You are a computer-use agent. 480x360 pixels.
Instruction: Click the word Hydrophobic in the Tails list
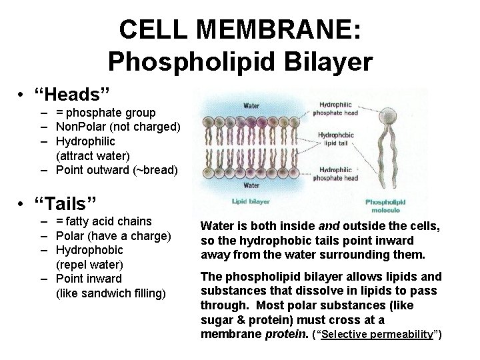tap(89, 250)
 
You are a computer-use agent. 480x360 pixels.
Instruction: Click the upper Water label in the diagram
tap(251, 105)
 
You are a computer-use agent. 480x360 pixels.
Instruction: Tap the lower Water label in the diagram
tap(251, 185)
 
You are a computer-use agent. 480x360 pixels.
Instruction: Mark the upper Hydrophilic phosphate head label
tap(339, 108)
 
